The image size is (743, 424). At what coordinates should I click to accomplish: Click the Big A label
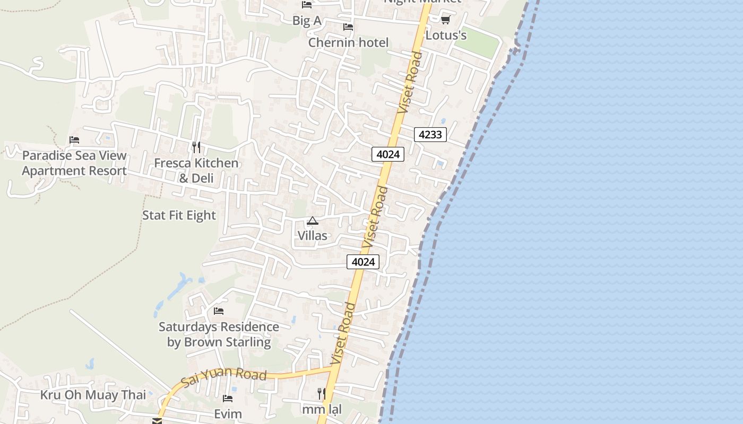pos(307,20)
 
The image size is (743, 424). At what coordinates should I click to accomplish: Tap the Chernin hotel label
pos(348,42)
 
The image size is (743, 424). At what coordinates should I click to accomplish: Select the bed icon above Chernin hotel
pos(348,26)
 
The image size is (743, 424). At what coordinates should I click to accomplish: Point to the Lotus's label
pos(446,35)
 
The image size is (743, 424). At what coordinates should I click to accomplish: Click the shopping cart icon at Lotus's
pos(445,20)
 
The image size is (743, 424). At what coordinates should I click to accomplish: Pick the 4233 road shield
pos(430,135)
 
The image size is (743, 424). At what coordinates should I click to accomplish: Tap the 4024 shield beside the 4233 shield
pos(388,154)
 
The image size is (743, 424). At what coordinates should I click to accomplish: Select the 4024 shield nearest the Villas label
pos(363,262)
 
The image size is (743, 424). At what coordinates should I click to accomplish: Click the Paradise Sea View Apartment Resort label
pos(74,163)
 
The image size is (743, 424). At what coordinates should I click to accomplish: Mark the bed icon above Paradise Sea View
pos(74,140)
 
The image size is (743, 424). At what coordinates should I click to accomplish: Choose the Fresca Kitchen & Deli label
pos(196,170)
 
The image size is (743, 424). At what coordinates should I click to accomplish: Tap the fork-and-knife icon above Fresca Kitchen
pos(196,147)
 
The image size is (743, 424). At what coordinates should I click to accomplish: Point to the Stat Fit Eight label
pos(179,215)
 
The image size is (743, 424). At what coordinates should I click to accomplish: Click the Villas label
pos(313,235)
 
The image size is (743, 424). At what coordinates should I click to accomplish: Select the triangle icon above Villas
pos(313,220)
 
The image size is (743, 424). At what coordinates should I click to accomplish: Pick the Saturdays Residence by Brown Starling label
pos(219,334)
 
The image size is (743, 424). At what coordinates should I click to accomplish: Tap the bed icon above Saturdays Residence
pos(219,311)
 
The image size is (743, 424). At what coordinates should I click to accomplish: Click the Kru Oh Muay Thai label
pos(93,395)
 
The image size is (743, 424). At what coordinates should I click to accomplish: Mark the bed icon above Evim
pos(228,399)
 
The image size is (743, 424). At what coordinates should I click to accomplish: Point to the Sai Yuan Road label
pos(223,375)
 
